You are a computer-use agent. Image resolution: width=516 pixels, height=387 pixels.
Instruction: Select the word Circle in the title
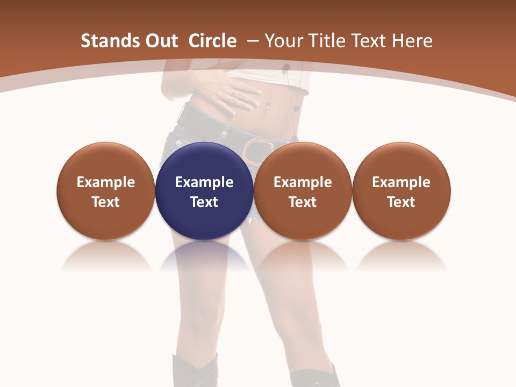pyautogui.click(x=212, y=41)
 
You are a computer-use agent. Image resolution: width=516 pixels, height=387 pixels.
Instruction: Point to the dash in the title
pyautogui.click(x=253, y=41)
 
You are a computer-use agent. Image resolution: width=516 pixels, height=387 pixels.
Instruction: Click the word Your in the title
pyautogui.click(x=283, y=41)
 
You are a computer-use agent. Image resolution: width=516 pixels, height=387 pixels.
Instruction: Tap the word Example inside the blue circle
pyautogui.click(x=204, y=182)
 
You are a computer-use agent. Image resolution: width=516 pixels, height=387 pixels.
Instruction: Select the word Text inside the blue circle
pyautogui.click(x=204, y=202)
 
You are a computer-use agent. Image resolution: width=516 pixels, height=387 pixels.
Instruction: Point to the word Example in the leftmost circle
pyautogui.click(x=105, y=182)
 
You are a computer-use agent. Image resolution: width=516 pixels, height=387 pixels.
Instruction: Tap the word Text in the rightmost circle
pyautogui.click(x=401, y=202)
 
